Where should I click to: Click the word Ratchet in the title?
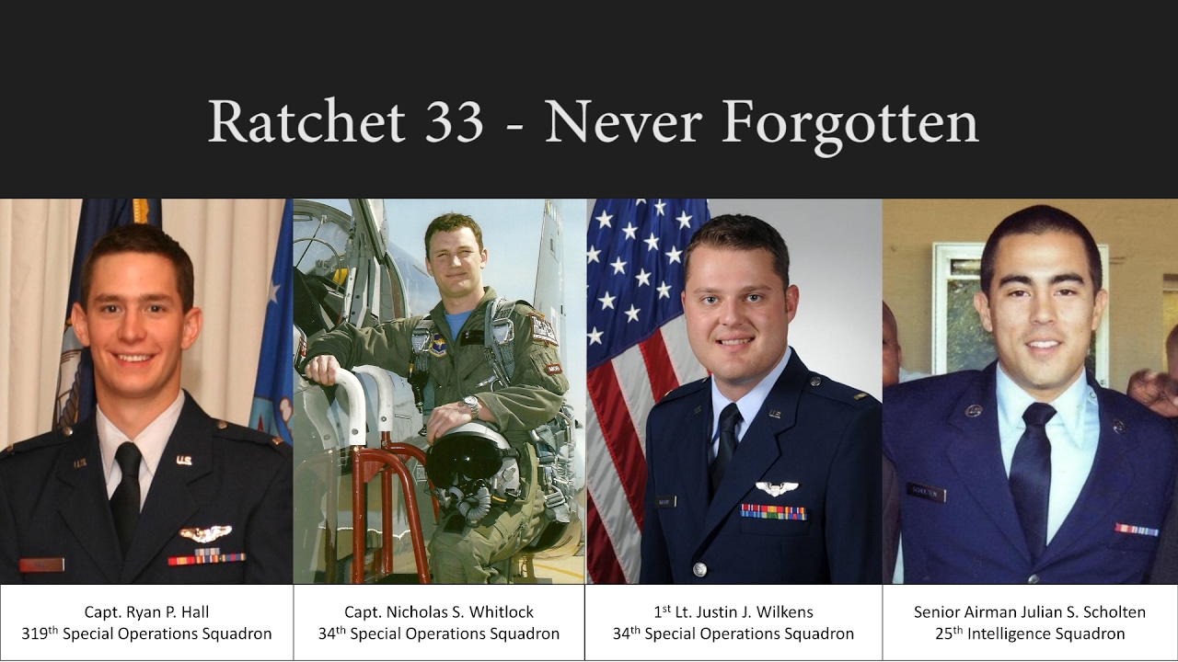pos(306,121)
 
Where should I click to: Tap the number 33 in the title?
pos(453,121)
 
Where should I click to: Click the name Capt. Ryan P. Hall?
pos(146,611)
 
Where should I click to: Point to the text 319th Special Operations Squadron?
pos(146,633)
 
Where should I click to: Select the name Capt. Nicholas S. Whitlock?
pos(439,611)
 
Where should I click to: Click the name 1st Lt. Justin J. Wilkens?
pos(733,611)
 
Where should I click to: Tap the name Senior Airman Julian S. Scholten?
pos(1029,611)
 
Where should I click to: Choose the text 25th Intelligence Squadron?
pos(1029,633)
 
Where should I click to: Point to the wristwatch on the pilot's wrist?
pos(471,405)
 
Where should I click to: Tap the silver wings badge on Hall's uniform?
pos(205,532)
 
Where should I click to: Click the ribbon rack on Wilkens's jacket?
pos(773,511)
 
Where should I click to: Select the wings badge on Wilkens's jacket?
pos(776,488)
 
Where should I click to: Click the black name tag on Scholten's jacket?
pos(925,493)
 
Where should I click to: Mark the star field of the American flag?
pos(639,267)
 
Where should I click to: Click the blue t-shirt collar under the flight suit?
pos(457,322)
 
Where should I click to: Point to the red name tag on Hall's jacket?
pos(41,565)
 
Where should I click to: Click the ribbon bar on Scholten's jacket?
pos(1136,530)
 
